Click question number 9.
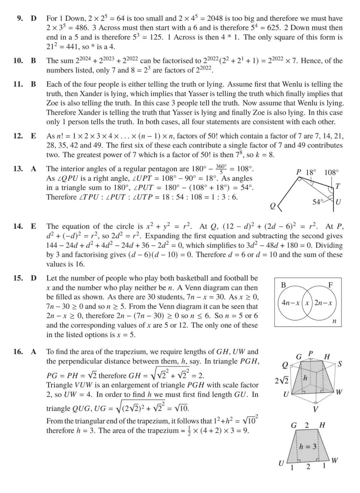click(20, 18)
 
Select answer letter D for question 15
click(33, 278)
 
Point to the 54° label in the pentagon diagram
click(317, 202)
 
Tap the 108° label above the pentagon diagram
click(331, 172)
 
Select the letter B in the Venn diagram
click(284, 285)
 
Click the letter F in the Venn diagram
click(330, 285)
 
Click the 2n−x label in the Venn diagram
click(323, 303)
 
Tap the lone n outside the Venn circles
click(334, 321)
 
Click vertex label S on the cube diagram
click(339, 364)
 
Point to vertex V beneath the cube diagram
click(315, 409)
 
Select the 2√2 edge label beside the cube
click(281, 381)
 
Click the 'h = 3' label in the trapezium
click(307, 446)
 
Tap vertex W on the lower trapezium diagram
click(335, 461)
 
